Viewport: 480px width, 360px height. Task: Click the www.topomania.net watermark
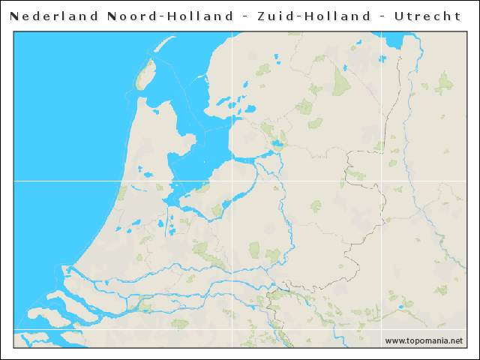[424, 341]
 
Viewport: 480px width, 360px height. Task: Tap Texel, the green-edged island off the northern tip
[145, 75]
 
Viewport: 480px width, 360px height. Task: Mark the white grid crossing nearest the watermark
[389, 330]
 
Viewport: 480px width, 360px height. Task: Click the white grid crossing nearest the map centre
[232, 181]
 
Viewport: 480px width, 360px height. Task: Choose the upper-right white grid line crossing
[389, 181]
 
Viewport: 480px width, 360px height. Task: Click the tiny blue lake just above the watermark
[406, 306]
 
